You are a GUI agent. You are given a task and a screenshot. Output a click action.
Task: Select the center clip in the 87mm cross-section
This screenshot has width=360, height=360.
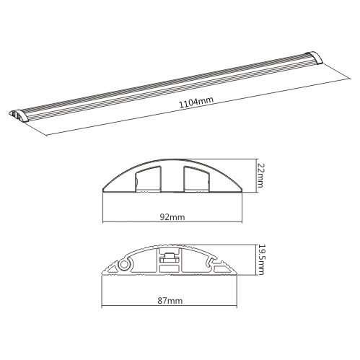[x=170, y=258]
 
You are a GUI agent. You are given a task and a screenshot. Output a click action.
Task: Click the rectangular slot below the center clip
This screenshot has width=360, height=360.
[x=170, y=270]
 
